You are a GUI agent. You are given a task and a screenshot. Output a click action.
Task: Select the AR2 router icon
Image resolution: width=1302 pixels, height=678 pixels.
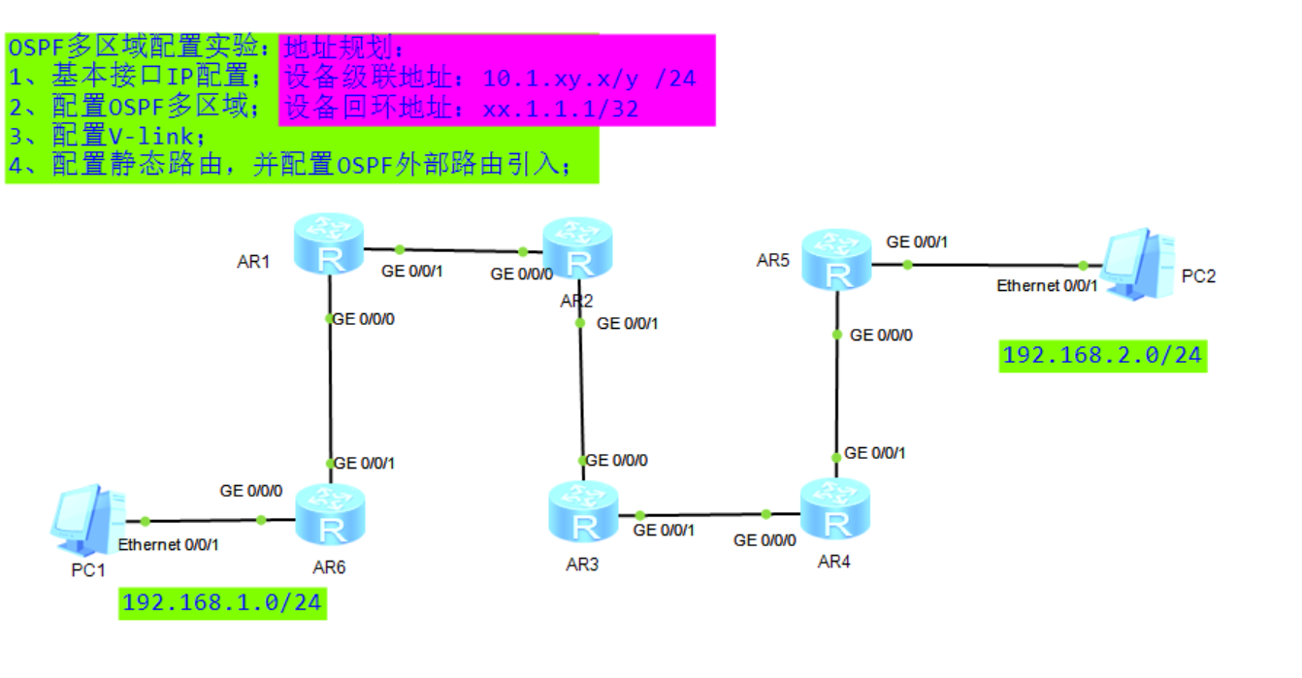pyautogui.click(x=578, y=247)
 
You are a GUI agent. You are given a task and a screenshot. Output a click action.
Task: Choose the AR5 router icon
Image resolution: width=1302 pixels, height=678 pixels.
pyautogui.click(x=836, y=259)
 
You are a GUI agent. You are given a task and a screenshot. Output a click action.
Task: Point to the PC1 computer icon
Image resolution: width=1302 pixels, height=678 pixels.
pyautogui.click(x=87, y=516)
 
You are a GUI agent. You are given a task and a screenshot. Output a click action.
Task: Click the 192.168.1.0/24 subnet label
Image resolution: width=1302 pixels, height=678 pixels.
pyautogui.click(x=222, y=602)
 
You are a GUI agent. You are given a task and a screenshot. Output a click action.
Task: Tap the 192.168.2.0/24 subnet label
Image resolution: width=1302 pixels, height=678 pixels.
pyautogui.click(x=1102, y=355)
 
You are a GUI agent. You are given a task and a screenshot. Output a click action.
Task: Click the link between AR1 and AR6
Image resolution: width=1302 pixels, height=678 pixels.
pyautogui.click(x=331, y=388)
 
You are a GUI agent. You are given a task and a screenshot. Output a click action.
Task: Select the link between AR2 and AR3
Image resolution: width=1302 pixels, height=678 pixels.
pyautogui.click(x=580, y=388)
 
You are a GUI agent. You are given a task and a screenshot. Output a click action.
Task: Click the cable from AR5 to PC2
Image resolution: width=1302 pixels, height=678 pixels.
pyautogui.click(x=994, y=264)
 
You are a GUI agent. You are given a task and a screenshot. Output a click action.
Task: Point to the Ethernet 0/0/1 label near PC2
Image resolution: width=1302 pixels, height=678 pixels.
pyautogui.click(x=1047, y=286)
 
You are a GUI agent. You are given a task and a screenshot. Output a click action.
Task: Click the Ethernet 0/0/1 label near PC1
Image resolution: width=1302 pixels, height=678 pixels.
pyautogui.click(x=168, y=544)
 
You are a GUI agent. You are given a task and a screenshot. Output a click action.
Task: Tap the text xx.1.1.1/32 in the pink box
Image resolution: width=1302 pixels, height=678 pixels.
pyautogui.click(x=561, y=109)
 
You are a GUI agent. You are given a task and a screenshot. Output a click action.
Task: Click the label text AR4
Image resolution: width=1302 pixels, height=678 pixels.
pyautogui.click(x=834, y=562)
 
